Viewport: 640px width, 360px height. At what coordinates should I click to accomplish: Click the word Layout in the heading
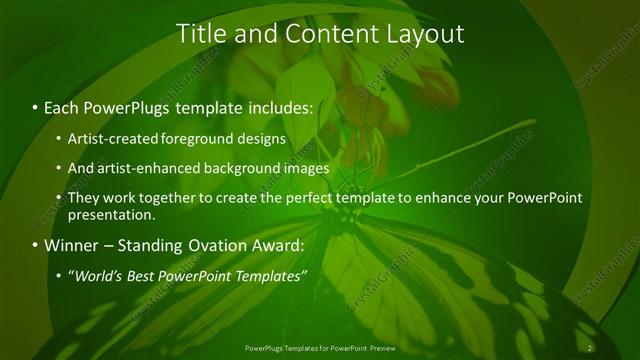tap(425, 33)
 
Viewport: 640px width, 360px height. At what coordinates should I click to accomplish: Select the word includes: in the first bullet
tap(274, 106)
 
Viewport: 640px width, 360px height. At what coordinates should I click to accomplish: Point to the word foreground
tap(193, 138)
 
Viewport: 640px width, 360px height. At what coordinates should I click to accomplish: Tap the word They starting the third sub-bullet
tap(83, 198)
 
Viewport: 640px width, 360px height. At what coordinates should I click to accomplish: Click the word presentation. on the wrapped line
tap(112, 214)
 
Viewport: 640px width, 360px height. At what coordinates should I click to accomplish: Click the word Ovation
tap(219, 245)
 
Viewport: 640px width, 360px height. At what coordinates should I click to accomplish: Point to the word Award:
tap(281, 245)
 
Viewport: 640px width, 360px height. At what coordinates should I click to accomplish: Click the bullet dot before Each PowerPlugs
tap(36, 107)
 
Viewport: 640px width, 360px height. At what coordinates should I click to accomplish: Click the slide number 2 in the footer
tap(591, 348)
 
